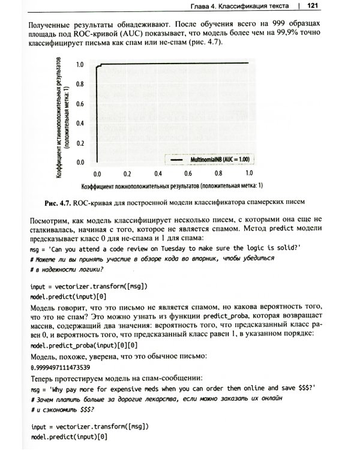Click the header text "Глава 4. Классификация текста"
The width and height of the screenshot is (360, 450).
pyautogui.click(x=233, y=7)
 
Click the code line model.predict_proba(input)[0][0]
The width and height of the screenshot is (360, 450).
pyautogui.click(x=83, y=346)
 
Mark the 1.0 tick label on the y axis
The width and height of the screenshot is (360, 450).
pyautogui.click(x=79, y=64)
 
